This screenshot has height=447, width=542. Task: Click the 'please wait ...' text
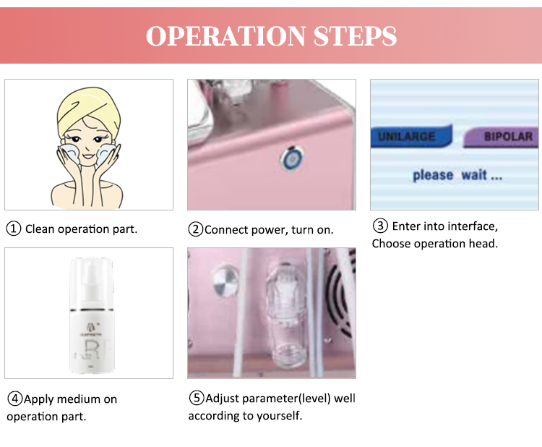click(457, 175)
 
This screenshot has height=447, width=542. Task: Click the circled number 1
click(14, 229)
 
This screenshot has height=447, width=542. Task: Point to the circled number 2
click(195, 230)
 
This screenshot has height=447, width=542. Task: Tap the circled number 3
click(379, 226)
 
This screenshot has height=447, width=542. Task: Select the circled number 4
click(14, 399)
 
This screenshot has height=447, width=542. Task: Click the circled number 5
click(197, 399)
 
